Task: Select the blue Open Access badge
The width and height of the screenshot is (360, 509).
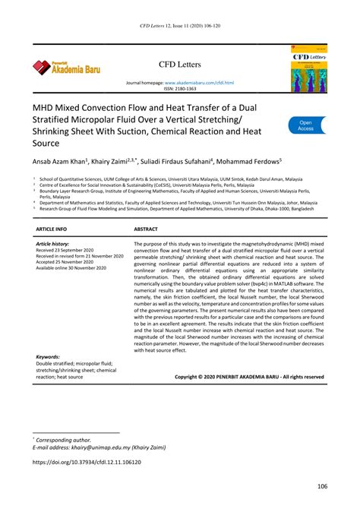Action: tap(305, 125)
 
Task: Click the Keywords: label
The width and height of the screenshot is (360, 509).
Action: tap(48, 356)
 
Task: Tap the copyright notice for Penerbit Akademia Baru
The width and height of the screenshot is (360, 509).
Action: tap(248, 376)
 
